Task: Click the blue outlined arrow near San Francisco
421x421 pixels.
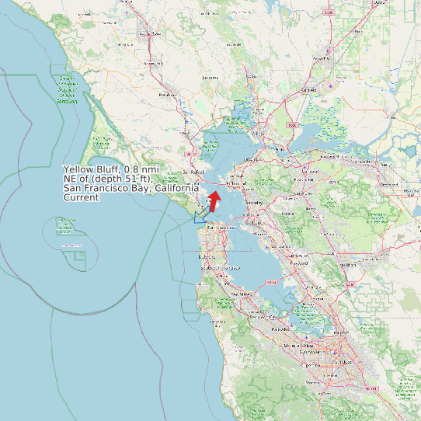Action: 201,215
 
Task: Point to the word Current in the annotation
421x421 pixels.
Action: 82,197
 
